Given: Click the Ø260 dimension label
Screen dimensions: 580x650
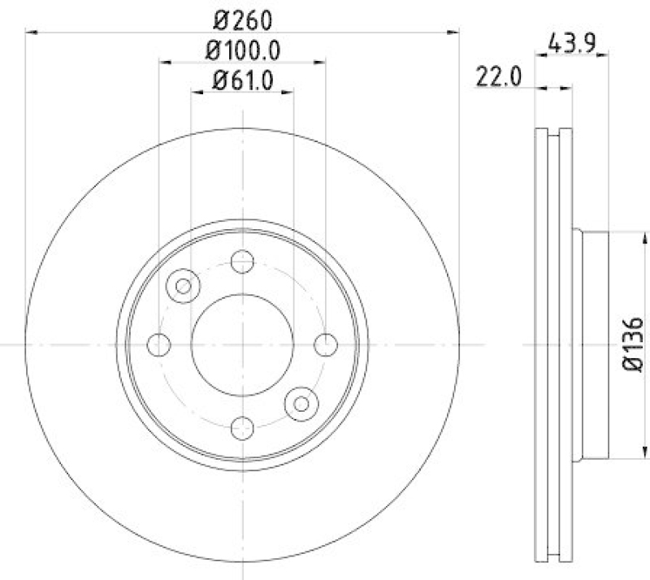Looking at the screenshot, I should pyautogui.click(x=242, y=19).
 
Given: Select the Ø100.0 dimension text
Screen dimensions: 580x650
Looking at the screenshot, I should pyautogui.click(x=242, y=50).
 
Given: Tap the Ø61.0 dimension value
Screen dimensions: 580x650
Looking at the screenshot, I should pyautogui.click(x=242, y=80).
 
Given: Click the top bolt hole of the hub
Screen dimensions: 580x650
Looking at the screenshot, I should pyautogui.click(x=242, y=262).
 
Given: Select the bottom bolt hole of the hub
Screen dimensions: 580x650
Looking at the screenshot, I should pyautogui.click(x=242, y=427).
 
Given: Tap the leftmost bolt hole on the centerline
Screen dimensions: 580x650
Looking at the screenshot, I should pyautogui.click(x=159, y=344).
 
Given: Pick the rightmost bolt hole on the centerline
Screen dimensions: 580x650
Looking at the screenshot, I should pyautogui.click(x=326, y=344).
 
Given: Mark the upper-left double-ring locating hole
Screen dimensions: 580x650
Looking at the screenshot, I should pyautogui.click(x=184, y=285).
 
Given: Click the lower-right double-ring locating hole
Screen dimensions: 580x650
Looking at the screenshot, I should pyautogui.click(x=301, y=403).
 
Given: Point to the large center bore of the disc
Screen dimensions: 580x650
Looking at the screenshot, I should pyautogui.click(x=242, y=344).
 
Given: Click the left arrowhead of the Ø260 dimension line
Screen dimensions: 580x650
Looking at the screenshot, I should pyautogui.click(x=31, y=32).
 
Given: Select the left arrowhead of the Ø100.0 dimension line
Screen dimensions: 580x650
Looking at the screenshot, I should pyautogui.click(x=163, y=62).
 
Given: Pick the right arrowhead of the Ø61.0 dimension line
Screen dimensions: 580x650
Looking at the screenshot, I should pyautogui.click(x=289, y=92).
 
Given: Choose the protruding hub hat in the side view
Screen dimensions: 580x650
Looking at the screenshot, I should pyautogui.click(x=591, y=344).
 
